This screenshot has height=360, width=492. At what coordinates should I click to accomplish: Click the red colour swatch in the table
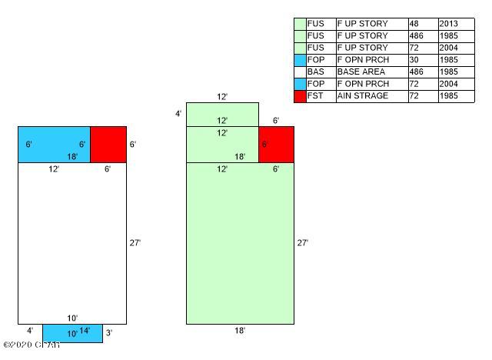[300, 96]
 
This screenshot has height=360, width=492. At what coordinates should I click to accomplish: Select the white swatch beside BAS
[300, 72]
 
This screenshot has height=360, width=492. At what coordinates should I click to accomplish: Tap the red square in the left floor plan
[108, 145]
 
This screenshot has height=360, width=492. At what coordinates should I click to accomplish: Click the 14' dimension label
[85, 331]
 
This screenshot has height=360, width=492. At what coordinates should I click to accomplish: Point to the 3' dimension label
[110, 333]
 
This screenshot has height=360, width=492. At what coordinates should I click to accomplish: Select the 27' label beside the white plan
[135, 243]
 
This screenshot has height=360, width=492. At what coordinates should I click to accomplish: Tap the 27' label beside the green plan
[303, 243]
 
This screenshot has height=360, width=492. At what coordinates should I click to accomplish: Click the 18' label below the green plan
[240, 331]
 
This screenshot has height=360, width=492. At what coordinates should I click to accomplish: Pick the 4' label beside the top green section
[178, 114]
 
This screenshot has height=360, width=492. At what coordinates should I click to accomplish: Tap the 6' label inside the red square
[264, 144]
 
